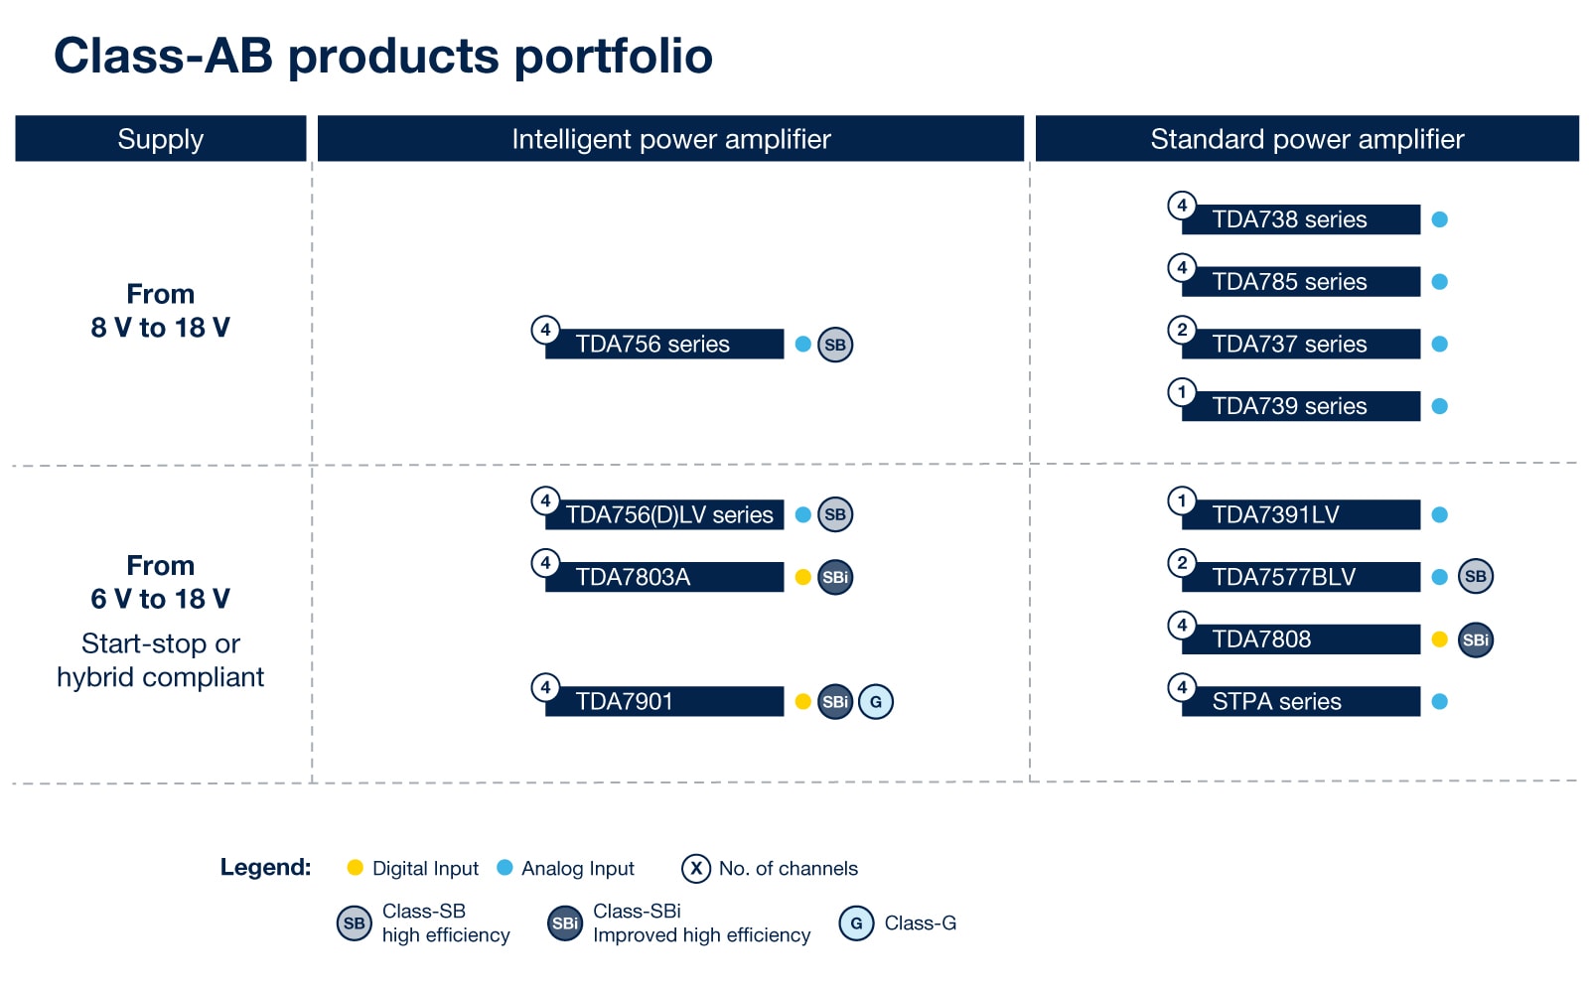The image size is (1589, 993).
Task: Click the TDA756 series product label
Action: (x=663, y=345)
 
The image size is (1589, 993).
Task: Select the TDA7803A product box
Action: (x=663, y=577)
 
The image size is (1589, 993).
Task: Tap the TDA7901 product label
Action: (x=663, y=702)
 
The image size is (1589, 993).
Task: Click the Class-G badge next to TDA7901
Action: (x=875, y=702)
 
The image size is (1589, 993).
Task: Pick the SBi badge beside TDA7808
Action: (x=1475, y=639)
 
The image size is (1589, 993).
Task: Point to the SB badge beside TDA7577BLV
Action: (x=1475, y=577)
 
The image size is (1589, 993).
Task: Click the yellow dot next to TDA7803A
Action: (x=803, y=577)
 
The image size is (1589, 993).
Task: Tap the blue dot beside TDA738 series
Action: (x=1439, y=219)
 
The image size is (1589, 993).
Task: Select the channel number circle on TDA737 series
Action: (x=1182, y=330)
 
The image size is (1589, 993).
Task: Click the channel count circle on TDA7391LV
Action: (x=1182, y=500)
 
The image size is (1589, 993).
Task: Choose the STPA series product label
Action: (x=1300, y=702)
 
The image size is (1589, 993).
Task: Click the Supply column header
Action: (x=161, y=139)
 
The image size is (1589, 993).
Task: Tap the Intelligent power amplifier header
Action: (x=670, y=139)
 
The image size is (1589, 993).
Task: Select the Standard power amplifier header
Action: (x=1307, y=139)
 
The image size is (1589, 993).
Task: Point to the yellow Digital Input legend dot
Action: (x=355, y=868)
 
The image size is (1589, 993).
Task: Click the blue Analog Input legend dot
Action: (x=505, y=868)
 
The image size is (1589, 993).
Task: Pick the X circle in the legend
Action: (x=696, y=869)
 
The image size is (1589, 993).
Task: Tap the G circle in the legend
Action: (x=856, y=923)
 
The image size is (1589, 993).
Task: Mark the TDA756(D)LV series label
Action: (x=668, y=515)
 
